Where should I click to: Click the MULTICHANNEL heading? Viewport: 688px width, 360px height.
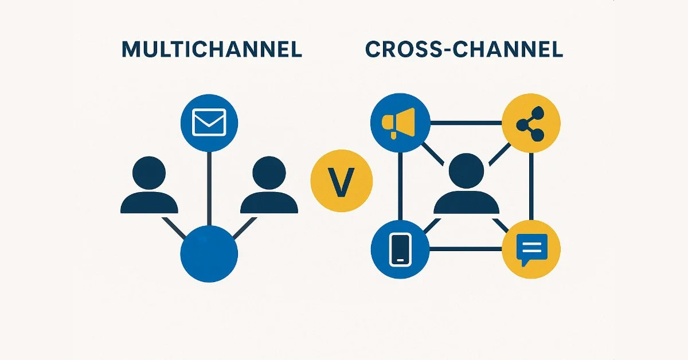point(212,50)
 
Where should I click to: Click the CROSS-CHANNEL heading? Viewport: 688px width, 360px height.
point(464,50)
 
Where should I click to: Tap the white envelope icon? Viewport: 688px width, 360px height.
point(209,123)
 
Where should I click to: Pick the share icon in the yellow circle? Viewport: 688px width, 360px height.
point(531,123)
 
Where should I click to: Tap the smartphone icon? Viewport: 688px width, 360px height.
point(400,249)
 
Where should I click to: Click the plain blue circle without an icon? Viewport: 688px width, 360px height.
point(209,253)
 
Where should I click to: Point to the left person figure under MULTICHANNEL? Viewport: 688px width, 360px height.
point(149,186)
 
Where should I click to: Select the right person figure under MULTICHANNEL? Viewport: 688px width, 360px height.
point(269,186)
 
